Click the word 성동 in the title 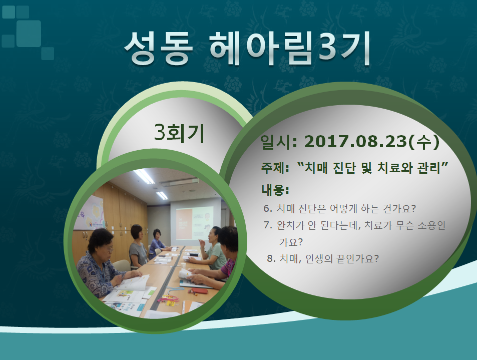[159, 48]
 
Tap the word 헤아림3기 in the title [290, 48]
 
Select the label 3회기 [179, 133]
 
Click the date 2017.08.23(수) [372, 142]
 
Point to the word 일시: [279, 142]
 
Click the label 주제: [275, 168]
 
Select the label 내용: [275, 190]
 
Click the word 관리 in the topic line [429, 168]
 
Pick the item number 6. [268, 208]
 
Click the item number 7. [268, 225]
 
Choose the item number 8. [271, 259]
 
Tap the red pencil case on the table [200, 291]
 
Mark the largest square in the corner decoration [29, 34]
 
